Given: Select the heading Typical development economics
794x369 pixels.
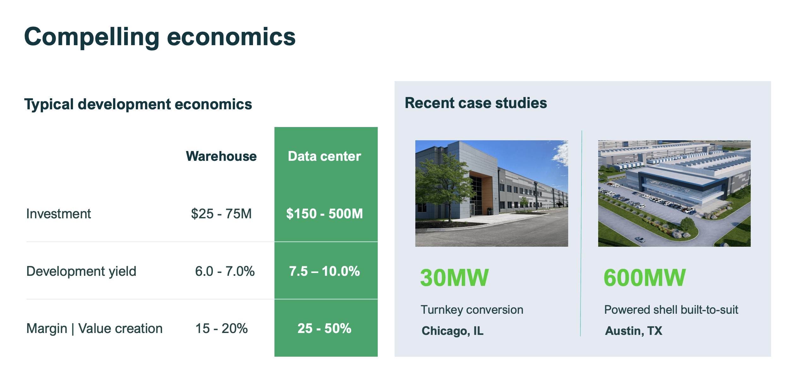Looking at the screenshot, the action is (138, 105).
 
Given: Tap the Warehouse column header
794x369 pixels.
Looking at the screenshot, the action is (221, 156).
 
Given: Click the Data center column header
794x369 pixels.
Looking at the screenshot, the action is (324, 156).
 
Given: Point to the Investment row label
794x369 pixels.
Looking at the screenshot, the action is (58, 214).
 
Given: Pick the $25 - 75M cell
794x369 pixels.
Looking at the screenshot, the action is (221, 214).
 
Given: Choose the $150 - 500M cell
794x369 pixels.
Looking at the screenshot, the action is (324, 214).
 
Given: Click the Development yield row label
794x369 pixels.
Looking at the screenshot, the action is (81, 272).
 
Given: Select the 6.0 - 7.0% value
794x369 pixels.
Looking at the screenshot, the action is (225, 271).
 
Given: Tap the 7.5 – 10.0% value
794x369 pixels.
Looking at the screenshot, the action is (324, 271).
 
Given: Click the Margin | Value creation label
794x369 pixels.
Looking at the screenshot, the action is (94, 329).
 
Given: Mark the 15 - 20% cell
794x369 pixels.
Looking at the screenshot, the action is (221, 329).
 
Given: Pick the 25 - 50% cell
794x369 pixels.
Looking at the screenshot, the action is (324, 329).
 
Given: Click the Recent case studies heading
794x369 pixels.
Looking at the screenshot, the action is (476, 103).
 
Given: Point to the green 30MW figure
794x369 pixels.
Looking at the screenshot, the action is (454, 278).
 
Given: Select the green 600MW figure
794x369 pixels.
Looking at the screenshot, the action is (645, 278).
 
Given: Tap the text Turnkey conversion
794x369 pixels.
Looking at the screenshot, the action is (472, 310).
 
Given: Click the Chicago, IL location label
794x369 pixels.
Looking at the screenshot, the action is (452, 331).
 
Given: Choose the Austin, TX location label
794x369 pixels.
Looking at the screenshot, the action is (634, 331).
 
